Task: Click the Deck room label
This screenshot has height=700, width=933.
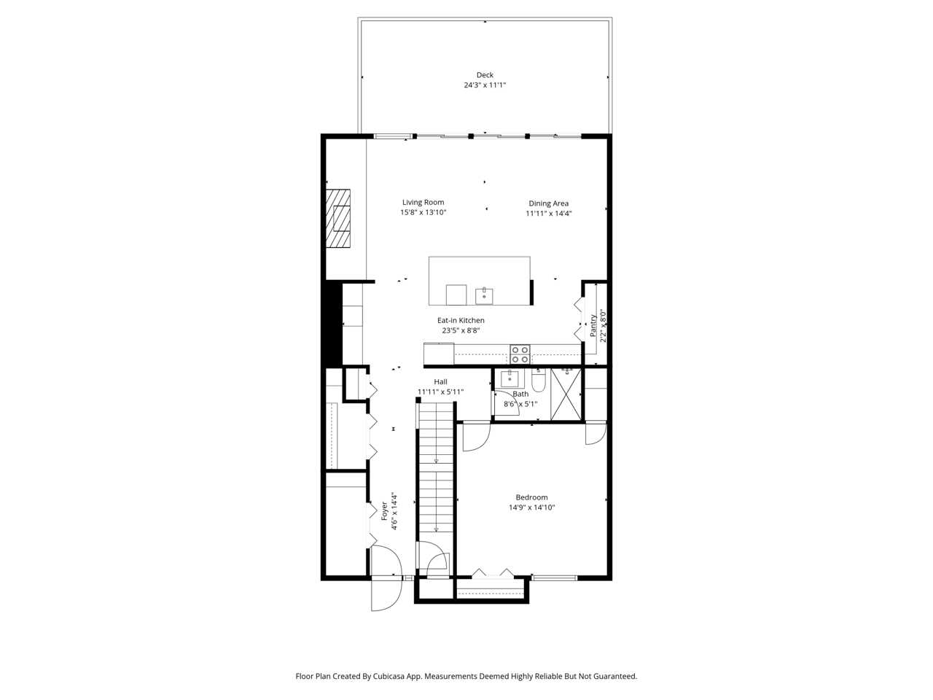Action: pos(485,75)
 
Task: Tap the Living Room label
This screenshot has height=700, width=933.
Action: pos(423,202)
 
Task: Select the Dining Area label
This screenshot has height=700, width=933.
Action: pos(548,203)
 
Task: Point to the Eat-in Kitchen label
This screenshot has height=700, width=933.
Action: pos(461,320)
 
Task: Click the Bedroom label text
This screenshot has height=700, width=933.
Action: pos(531,497)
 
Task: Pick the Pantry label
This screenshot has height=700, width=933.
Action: pos(593,325)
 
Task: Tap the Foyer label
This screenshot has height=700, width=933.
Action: pos(384,511)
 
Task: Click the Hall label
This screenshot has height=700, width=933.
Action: pos(440,381)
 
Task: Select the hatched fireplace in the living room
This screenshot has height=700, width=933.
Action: pos(338,219)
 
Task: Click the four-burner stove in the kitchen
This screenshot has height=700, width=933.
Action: pos(520,354)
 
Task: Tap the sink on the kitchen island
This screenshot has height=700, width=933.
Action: pos(484,296)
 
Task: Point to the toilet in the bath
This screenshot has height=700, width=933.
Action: pos(538,380)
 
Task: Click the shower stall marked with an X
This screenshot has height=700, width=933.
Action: pos(566,394)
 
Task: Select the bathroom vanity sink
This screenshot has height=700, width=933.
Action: pos(510,378)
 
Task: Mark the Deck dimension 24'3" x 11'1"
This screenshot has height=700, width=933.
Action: pos(485,85)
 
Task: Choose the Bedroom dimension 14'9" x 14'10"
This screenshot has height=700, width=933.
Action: pos(532,507)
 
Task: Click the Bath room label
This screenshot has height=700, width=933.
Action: pos(520,394)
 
